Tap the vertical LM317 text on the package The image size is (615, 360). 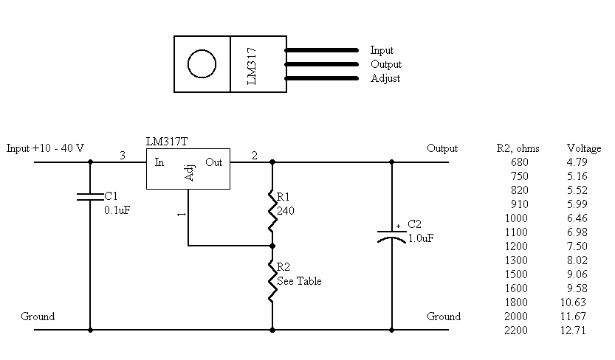(x=252, y=66)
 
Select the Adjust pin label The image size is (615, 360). (x=385, y=78)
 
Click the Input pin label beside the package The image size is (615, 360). (x=382, y=50)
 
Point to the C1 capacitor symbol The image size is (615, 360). (x=90, y=197)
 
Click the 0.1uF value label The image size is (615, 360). (x=117, y=210)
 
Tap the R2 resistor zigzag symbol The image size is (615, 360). (x=272, y=281)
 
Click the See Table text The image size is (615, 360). (x=299, y=281)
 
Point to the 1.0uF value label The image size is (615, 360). (x=421, y=238)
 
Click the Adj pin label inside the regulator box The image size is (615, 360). (x=189, y=173)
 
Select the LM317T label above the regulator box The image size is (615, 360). (x=167, y=142)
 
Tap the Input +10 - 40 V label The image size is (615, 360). (x=45, y=148)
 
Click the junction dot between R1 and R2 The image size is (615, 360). (x=272, y=246)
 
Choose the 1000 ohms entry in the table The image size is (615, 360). (x=516, y=218)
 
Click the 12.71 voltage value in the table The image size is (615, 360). (x=573, y=330)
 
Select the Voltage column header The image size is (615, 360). (x=584, y=148)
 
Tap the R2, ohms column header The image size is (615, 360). (x=518, y=148)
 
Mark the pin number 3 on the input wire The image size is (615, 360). (x=123, y=156)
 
